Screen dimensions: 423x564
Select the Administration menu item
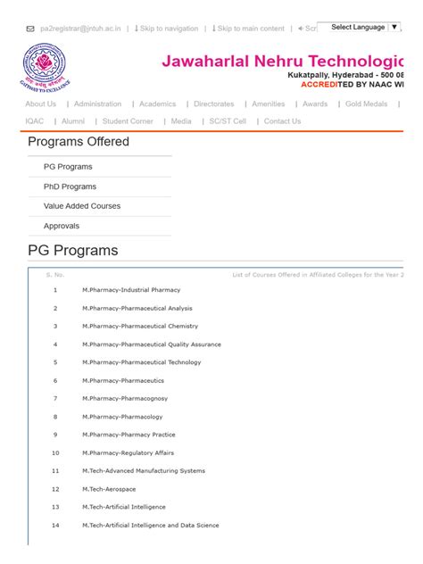98,104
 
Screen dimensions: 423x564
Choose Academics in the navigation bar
157,104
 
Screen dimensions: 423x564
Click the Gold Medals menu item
366,104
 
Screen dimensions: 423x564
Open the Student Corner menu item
128,121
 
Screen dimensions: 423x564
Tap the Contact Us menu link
282,121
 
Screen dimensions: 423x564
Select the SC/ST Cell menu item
228,121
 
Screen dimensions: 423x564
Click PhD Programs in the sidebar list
70,187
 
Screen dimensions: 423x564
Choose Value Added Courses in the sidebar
82,206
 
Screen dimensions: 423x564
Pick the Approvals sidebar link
62,226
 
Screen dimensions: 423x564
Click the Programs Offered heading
79,142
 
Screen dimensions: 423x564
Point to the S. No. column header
55,275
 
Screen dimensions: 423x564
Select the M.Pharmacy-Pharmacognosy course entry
125,398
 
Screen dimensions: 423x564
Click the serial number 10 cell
55,452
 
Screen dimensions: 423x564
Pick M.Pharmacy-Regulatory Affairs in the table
129,452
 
